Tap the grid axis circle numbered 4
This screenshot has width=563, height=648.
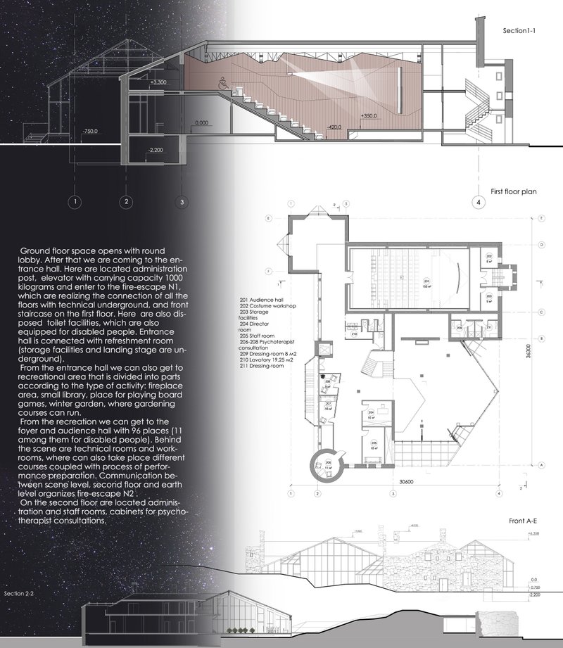click(479, 202)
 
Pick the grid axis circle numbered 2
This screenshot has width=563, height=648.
click(126, 202)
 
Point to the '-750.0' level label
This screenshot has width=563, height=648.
click(89, 132)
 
